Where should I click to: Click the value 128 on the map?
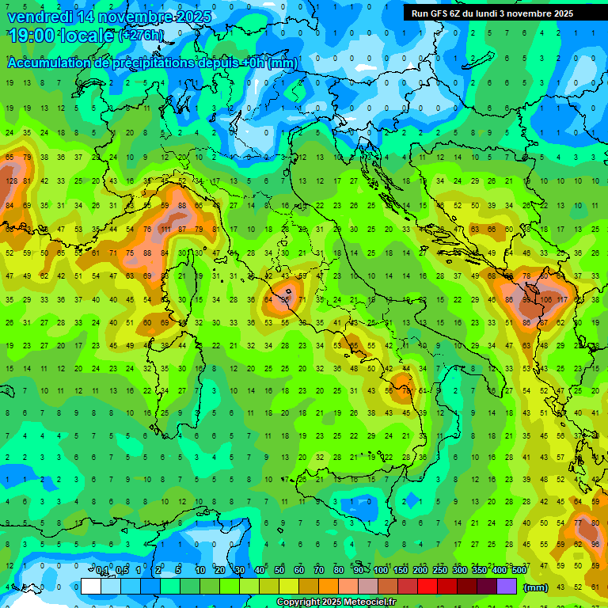click(11, 181)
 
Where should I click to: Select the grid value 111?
click(165, 230)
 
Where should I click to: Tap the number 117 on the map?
click(561, 300)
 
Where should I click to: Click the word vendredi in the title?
click(37, 17)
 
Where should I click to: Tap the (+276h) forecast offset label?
click(142, 36)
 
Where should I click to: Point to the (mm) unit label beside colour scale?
click(536, 587)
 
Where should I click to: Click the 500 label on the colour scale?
click(519, 570)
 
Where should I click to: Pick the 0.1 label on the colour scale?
click(103, 570)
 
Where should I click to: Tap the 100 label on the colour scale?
click(380, 570)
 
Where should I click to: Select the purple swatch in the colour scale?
click(507, 587)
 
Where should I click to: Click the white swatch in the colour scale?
click(91, 587)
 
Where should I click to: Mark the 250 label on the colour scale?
click(439, 570)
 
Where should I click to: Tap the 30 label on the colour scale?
click(240, 570)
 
